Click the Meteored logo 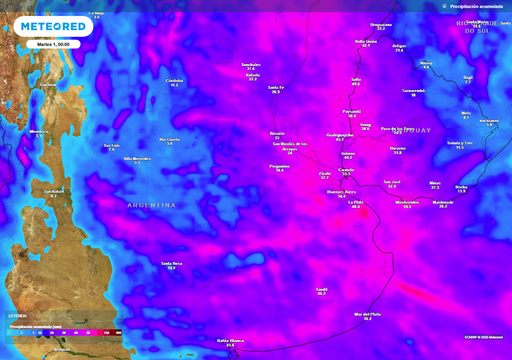[53, 26]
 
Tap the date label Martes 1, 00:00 [53, 44]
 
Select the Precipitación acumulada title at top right [476, 6]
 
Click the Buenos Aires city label [341, 191]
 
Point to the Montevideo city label [407, 202]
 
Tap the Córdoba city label [174, 80]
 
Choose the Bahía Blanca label [230, 340]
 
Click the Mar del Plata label [367, 314]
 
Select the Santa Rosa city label [171, 263]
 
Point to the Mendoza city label [38, 131]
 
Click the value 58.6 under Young [365, 129]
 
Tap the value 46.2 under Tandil [321, 293]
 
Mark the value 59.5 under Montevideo [407, 206]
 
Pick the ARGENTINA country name [151, 205]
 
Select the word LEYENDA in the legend [17, 316]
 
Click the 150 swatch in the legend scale [106, 332]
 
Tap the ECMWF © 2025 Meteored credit [483, 336]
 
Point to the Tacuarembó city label [413, 90]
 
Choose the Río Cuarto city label [169, 139]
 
